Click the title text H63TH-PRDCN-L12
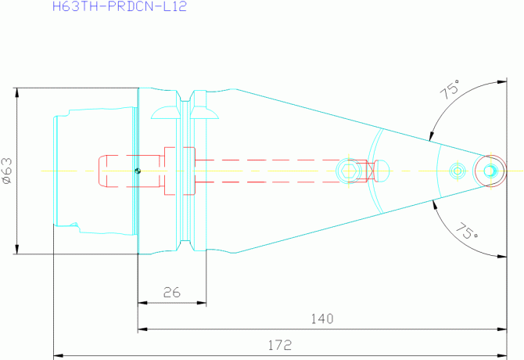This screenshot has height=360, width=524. click(120, 6)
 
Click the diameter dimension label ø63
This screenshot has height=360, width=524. click(7, 171)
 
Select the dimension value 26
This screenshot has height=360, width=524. click(172, 293)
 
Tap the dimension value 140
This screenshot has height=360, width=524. click(322, 319)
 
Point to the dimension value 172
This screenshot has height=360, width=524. click(280, 345)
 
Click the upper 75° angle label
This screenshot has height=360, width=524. click(450, 89)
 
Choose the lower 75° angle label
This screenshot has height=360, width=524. click(467, 231)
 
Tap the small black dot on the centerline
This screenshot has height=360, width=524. click(138, 171)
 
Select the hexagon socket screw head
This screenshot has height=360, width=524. click(349, 171)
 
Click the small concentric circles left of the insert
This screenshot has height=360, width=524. click(458, 171)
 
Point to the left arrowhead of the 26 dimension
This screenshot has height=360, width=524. click(142, 303)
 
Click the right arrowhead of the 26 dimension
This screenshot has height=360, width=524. click(202, 303)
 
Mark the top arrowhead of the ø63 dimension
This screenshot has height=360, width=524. click(16, 93)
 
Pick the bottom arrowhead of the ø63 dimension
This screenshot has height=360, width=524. click(16, 249)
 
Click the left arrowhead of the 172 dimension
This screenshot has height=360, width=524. click(59, 355)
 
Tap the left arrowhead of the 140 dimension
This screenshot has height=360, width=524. click(142, 329)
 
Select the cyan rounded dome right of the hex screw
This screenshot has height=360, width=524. click(382, 171)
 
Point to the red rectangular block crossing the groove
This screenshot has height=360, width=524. click(179, 171)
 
